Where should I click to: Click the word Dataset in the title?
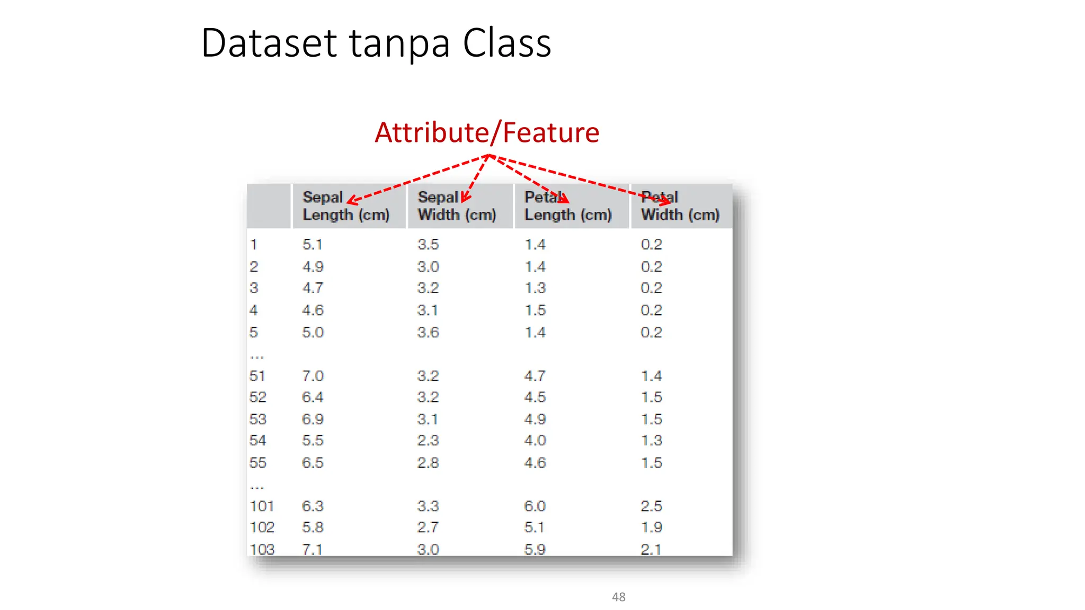(269, 43)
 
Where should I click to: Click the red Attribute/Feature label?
(487, 132)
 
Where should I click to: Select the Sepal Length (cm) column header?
(346, 206)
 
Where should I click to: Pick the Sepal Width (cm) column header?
(457, 206)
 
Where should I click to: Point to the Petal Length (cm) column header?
(568, 206)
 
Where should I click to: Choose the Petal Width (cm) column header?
(680, 206)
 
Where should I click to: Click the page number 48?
(618, 597)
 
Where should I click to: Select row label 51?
(257, 376)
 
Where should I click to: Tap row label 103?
(262, 549)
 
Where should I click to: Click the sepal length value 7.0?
(313, 376)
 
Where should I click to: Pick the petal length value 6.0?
(535, 506)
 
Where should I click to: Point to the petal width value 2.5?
(651, 506)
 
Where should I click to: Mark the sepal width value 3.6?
(428, 333)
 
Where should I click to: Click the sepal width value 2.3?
(428, 441)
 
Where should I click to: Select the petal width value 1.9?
(651, 527)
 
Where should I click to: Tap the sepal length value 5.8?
(313, 527)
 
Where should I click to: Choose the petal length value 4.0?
(535, 441)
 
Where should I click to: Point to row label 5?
(254, 333)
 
